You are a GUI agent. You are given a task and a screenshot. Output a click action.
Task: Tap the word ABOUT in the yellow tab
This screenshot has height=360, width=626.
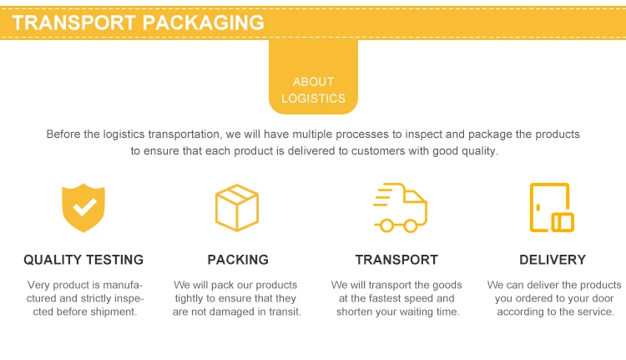tap(313, 82)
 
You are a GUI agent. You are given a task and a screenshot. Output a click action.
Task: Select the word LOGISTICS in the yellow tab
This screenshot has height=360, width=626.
tap(313, 98)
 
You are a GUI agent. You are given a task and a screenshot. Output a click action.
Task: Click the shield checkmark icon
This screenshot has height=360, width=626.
tap(83, 207)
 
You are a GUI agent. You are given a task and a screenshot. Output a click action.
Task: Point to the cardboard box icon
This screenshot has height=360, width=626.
tap(238, 207)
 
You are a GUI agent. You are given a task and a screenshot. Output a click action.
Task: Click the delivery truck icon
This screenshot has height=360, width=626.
tap(399, 207)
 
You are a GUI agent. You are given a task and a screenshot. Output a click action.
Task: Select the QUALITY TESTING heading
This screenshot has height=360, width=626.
tap(83, 260)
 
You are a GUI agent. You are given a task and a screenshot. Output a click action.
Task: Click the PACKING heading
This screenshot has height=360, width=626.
tap(238, 260)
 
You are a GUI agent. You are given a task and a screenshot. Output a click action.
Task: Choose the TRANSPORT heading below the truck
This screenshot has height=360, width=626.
tap(396, 260)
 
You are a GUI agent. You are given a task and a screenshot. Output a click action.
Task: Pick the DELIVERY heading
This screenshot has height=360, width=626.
tap(553, 260)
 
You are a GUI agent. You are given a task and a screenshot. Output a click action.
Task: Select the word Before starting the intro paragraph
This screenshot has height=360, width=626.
tap(64, 134)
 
